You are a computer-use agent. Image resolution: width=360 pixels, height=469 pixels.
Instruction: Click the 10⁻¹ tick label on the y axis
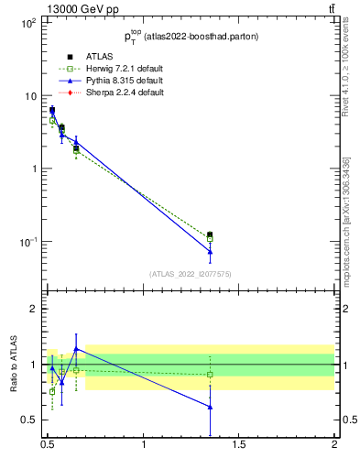pyautogui.click(x=27, y=242)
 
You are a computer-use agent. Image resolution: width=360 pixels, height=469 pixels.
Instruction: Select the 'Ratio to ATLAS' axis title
pyautogui.click(x=13, y=364)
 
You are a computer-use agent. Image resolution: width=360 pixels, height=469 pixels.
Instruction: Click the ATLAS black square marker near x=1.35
pyautogui.click(x=210, y=235)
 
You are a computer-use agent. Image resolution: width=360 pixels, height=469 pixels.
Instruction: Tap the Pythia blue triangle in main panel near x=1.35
pyautogui.click(x=210, y=251)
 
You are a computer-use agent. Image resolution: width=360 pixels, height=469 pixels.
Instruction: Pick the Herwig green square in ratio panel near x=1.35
pyautogui.click(x=210, y=374)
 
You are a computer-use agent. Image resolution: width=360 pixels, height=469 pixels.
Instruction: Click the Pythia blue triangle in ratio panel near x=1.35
pyautogui.click(x=210, y=407)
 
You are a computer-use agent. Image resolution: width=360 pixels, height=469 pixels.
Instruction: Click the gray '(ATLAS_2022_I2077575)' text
pyautogui.click(x=190, y=273)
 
